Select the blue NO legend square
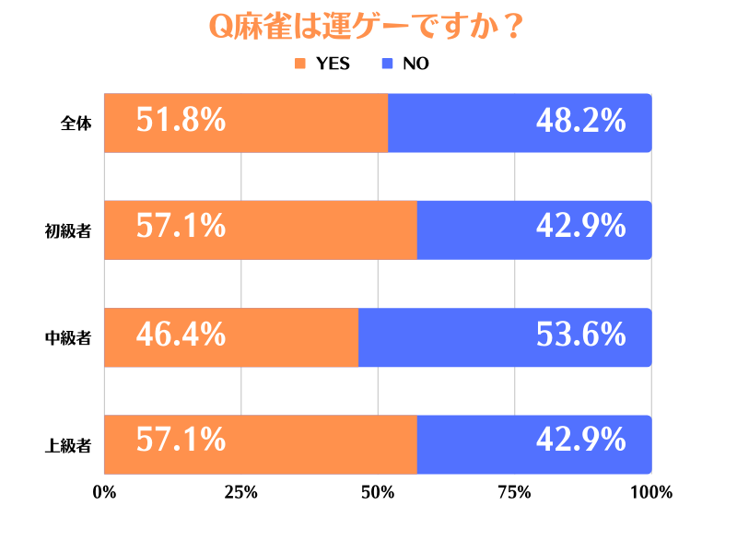(x=387, y=64)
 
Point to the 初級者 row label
(x=68, y=230)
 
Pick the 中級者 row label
(x=68, y=337)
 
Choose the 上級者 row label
(x=68, y=445)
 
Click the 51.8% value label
(x=181, y=121)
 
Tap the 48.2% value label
(x=580, y=121)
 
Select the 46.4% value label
(x=181, y=335)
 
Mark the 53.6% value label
(x=580, y=335)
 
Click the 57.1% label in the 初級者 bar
(x=181, y=228)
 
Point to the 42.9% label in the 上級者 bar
(x=580, y=442)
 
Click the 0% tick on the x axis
(x=104, y=492)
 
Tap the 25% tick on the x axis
(x=240, y=492)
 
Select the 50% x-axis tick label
(x=378, y=492)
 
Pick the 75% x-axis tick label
(x=515, y=492)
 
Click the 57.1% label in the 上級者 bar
(x=181, y=442)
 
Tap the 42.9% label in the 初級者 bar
(x=580, y=228)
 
